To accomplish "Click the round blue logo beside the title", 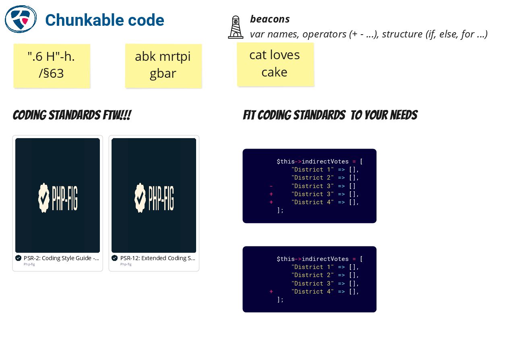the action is (x=21, y=19).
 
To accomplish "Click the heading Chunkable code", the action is (x=104, y=20).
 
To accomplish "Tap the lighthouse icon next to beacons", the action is (x=236, y=27).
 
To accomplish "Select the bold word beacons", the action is (x=269, y=19).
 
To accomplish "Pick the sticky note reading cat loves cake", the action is (x=275, y=64).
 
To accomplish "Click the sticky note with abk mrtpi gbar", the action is (x=163, y=65).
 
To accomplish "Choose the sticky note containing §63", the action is (x=52, y=65).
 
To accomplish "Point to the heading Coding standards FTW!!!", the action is (x=72, y=115).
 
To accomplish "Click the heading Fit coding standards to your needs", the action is (x=330, y=115).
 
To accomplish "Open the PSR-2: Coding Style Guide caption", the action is (x=61, y=258).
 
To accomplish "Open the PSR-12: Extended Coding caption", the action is (x=157, y=258).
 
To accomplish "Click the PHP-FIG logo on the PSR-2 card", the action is (x=58, y=197).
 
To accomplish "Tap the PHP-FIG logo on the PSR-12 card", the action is (x=154, y=197).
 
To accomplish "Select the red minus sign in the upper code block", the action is (x=271, y=186).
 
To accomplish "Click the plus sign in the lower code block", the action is (x=271, y=292).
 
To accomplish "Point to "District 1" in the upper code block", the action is (x=312, y=170).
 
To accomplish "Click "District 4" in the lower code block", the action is (x=312, y=292).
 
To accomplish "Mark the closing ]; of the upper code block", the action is (x=280, y=210).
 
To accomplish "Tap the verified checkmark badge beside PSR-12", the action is (x=115, y=258).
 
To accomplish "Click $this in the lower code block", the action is (x=286, y=259).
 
